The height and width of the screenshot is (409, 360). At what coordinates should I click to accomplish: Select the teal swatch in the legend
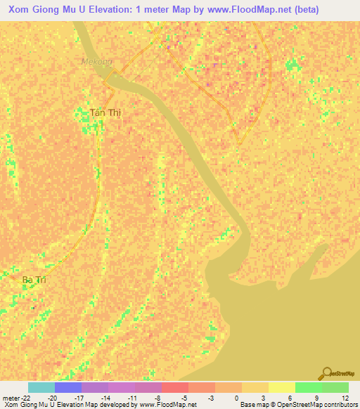click(41, 387)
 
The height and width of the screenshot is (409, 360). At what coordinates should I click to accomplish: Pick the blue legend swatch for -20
click(68, 387)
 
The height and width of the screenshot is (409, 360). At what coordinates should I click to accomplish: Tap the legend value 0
click(236, 397)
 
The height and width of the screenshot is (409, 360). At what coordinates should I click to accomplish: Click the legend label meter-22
click(15, 397)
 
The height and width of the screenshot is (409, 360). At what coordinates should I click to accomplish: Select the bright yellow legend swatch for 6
click(282, 387)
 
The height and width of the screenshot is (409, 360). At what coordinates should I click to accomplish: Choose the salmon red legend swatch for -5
click(175, 387)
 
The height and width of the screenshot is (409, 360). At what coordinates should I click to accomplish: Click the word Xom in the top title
click(20, 9)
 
